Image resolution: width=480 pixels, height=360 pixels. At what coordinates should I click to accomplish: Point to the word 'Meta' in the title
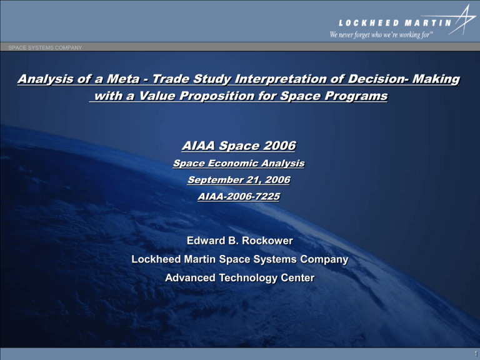coord(118,80)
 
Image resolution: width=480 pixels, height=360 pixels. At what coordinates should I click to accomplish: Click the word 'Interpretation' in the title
coord(271,80)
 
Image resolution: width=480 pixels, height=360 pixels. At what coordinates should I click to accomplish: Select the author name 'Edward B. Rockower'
coord(240,241)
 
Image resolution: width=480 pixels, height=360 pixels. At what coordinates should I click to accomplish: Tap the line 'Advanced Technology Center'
coord(240,278)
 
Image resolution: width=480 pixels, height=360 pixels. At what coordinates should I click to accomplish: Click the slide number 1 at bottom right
coord(473,354)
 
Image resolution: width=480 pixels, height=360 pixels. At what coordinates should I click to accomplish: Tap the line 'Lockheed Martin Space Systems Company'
coord(240,259)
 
